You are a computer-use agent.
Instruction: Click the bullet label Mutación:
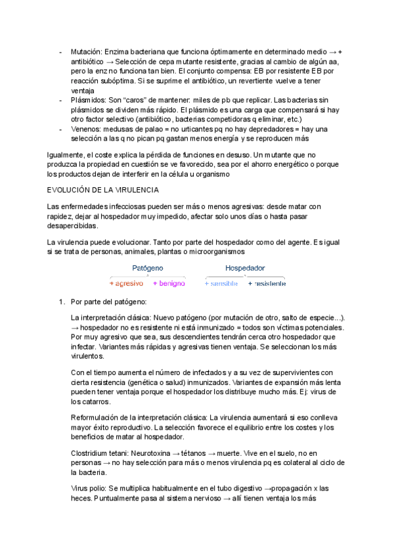click(x=85, y=51)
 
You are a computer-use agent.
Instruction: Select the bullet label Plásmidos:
click(x=86, y=100)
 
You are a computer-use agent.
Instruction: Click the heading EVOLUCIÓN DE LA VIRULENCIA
click(x=103, y=190)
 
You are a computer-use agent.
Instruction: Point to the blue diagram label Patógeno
click(x=148, y=268)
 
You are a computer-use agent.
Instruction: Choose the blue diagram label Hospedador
click(x=245, y=268)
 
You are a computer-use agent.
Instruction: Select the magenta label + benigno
click(x=169, y=284)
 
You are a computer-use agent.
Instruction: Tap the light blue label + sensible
click(x=222, y=284)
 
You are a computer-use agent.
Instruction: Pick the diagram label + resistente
click(x=267, y=284)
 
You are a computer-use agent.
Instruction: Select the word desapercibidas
click(x=74, y=226)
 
